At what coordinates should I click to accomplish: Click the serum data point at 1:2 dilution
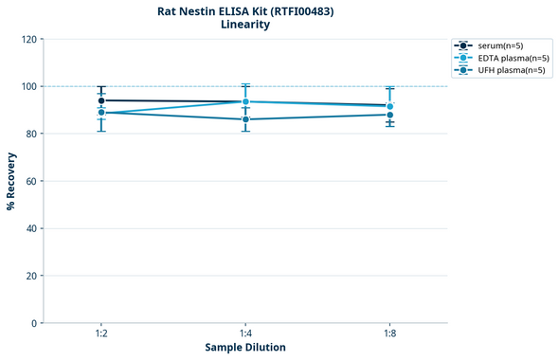[101, 100]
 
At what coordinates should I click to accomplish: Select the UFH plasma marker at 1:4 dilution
[245, 119]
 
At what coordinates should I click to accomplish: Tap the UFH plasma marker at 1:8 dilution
[389, 115]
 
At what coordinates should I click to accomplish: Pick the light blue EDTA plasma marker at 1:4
[245, 101]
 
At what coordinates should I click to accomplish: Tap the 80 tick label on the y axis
[31, 134]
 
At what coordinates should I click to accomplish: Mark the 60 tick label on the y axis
[31, 181]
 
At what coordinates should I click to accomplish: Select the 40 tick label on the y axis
[31, 228]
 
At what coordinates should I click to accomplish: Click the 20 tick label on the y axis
[31, 276]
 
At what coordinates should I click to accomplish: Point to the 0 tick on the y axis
[34, 323]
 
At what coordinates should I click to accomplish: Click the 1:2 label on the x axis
[101, 334]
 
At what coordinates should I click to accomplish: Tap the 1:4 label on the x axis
[245, 334]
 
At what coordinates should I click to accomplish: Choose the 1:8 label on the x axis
[389, 334]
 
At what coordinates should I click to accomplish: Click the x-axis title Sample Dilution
[245, 348]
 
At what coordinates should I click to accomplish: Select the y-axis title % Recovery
[11, 181]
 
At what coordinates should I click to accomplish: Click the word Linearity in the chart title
[245, 25]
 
